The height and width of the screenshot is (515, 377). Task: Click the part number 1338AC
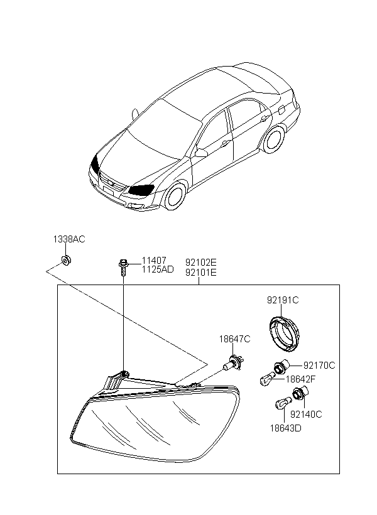(69, 239)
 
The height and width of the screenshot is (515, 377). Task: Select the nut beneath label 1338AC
(67, 261)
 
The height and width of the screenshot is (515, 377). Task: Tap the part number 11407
(154, 261)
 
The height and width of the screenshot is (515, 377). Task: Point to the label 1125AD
(158, 269)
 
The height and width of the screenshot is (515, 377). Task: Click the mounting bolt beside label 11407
(123, 268)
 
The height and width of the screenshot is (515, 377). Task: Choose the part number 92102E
(201, 263)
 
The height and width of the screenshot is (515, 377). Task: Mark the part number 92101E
(201, 273)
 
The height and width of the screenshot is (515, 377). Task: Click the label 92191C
(283, 300)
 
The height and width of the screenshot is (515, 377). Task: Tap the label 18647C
(234, 339)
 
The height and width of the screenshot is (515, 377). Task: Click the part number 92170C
(319, 366)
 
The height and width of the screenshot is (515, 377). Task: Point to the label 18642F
(300, 379)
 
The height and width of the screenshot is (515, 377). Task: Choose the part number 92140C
(307, 415)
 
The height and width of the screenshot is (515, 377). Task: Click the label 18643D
(286, 428)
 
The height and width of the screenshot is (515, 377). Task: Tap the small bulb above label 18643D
(283, 403)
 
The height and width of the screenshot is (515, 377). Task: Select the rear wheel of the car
(274, 139)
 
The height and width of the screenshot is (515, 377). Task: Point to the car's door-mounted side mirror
(201, 153)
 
